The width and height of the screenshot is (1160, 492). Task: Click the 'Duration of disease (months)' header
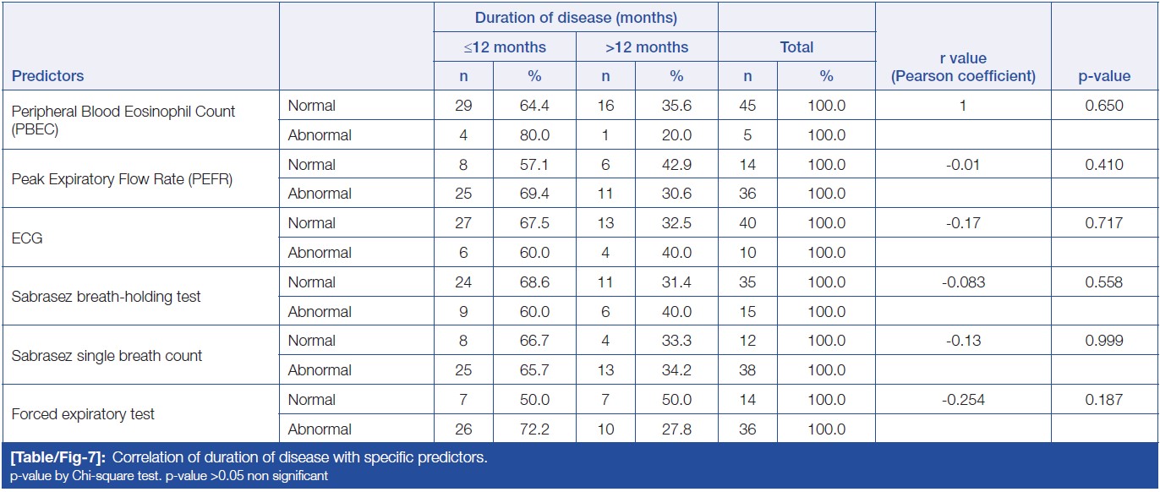coord(576,18)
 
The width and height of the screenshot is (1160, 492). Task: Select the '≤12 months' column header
coord(505,47)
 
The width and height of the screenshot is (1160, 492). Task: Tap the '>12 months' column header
coord(647,47)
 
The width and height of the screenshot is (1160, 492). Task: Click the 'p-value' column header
coord(1103,76)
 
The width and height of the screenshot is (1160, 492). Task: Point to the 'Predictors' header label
coord(48,76)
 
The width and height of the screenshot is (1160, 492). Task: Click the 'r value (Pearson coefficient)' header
coord(963,68)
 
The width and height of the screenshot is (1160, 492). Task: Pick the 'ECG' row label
coord(27,238)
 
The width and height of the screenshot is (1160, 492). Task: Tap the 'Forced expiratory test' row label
coord(83,414)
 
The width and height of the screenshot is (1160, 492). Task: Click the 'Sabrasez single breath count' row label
coord(107,356)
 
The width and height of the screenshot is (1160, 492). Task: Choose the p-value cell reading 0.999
coord(1104,341)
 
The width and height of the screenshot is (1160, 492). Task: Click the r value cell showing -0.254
coord(963,400)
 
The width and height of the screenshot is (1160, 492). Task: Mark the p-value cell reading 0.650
coord(1104,106)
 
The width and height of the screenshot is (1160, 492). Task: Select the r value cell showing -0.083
coord(963,282)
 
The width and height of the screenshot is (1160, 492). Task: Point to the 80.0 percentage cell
coord(534,135)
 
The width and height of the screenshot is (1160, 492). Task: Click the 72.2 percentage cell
coord(534,429)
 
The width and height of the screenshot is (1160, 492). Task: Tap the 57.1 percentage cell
coord(534,165)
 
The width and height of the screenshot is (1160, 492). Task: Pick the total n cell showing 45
coord(747,106)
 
